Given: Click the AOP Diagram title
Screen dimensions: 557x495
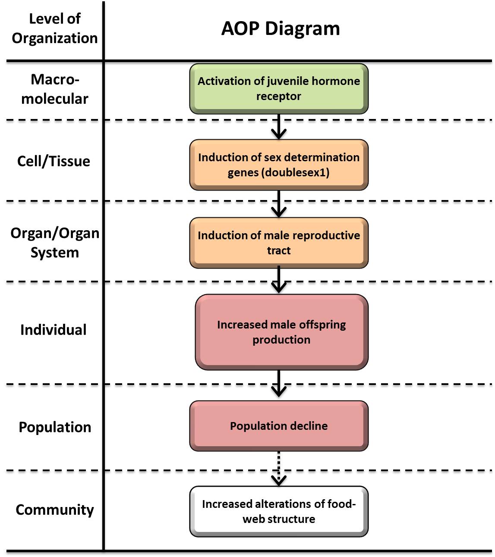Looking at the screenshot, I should tap(281, 28).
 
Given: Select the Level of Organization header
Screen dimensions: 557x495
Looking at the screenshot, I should tap(54, 28).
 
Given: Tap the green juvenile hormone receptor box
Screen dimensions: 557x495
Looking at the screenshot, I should tap(279, 88).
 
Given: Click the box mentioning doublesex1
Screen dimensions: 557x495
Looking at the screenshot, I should tap(279, 165).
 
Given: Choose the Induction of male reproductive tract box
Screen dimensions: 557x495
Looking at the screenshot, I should tap(279, 243).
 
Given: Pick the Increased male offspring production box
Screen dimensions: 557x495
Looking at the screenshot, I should tap(281, 332).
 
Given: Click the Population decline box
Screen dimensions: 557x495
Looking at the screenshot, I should tap(279, 426).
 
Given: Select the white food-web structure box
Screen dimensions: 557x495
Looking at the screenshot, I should tap(279, 511).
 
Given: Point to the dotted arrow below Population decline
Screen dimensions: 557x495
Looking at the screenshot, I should tap(279, 468).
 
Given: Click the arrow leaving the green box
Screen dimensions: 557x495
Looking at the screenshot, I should tap(279, 126).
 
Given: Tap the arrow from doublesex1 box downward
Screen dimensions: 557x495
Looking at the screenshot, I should tap(279, 203).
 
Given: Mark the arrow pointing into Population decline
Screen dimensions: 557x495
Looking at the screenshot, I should tap(279, 384).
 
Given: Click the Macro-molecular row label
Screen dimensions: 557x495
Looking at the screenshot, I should tap(55, 89).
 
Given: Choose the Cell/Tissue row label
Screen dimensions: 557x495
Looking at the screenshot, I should tap(54, 161).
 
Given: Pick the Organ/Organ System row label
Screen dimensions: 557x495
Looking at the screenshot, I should tap(55, 242).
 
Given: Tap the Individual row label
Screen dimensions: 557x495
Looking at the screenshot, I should tap(54, 330).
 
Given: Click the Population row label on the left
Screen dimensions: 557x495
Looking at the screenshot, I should tap(55, 427).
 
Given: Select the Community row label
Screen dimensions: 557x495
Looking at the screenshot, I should tap(55, 510).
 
